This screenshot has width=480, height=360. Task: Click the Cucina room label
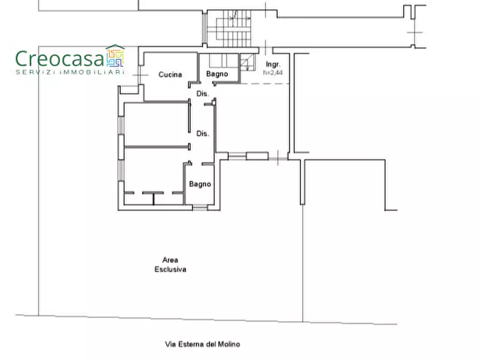(x=170, y=74)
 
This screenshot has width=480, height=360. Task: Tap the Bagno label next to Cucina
(x=217, y=74)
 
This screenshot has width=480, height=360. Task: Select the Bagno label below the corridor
(x=200, y=184)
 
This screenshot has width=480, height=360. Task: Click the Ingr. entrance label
(x=273, y=64)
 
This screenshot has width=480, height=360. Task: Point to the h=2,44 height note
(x=273, y=73)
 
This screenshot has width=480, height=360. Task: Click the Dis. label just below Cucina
(x=202, y=93)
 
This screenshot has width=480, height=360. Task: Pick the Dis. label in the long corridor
(x=202, y=133)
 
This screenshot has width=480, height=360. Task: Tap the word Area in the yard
(x=170, y=260)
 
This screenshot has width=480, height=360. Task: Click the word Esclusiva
(x=170, y=269)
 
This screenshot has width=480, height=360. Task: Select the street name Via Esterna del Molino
(x=202, y=344)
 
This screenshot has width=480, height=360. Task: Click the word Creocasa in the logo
(x=60, y=59)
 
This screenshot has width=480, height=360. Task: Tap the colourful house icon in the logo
(x=115, y=56)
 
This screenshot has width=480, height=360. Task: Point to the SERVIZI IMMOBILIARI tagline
(x=70, y=72)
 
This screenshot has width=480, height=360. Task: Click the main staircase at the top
(x=230, y=28)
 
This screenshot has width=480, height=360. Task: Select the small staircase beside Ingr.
(x=247, y=62)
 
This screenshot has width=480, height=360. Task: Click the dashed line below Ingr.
(x=265, y=84)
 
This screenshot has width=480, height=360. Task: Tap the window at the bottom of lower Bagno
(x=200, y=208)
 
